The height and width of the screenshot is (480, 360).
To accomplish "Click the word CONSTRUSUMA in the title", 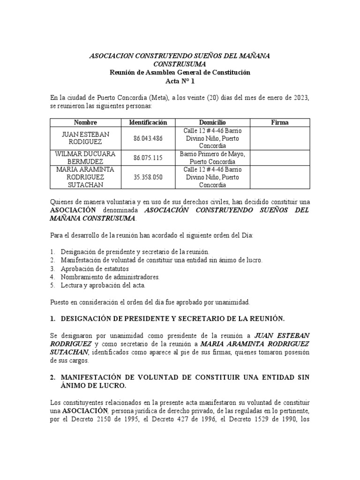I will pyautogui.click(x=180, y=64).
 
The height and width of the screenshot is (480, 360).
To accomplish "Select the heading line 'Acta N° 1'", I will pyautogui.click(x=180, y=81).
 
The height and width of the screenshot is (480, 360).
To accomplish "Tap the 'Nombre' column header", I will pyautogui.click(x=85, y=122).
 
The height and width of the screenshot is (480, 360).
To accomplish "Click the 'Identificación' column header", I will pyautogui.click(x=148, y=122).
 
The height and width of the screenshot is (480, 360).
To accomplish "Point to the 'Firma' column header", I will pyautogui.click(x=280, y=122).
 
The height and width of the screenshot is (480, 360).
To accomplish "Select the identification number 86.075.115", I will pyautogui.click(x=148, y=157).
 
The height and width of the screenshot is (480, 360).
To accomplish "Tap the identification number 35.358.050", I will pyautogui.click(x=148, y=177).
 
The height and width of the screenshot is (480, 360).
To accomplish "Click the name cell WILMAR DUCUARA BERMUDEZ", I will pyautogui.click(x=85, y=157).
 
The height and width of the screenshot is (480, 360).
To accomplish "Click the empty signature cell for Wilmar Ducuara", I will pyautogui.click(x=280, y=157).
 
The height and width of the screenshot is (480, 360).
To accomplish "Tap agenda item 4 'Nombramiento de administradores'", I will pyautogui.click(x=110, y=277).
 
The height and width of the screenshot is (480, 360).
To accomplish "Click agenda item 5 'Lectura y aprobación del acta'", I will pyautogui.click(x=103, y=285).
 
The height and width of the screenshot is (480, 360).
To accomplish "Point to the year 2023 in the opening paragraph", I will pyautogui.click(x=301, y=98).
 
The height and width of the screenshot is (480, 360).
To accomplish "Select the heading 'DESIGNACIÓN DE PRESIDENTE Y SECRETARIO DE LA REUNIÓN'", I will pyautogui.click(x=172, y=318).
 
